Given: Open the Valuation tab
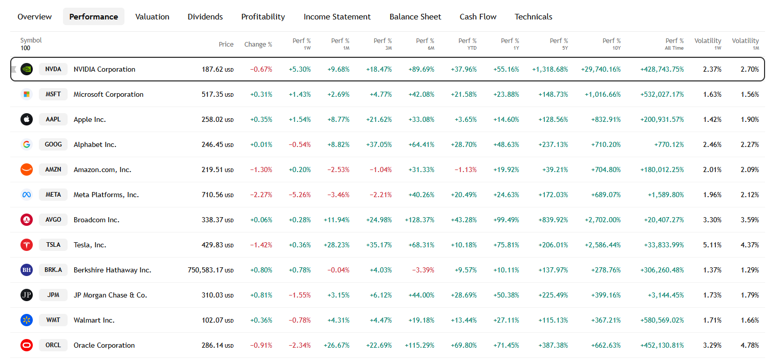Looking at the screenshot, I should tap(152, 17).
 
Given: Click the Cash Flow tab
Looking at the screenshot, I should tap(478, 17).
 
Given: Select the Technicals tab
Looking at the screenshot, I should tap(533, 17).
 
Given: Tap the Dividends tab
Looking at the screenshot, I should tap(205, 17).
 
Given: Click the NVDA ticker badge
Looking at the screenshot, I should tap(53, 69).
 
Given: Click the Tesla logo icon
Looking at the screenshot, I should tap(27, 245).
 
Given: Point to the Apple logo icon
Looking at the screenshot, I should tap(27, 119).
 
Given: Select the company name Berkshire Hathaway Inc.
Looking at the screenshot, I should tap(112, 270).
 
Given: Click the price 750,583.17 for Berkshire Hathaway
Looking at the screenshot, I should tap(205, 270).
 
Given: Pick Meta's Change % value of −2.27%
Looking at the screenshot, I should tap(261, 195).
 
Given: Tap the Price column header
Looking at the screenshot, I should tap(226, 45).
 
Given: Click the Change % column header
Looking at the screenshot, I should tap(258, 45).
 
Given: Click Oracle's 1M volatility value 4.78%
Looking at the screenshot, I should tap(749, 345).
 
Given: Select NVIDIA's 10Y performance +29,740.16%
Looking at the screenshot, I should tap(601, 69).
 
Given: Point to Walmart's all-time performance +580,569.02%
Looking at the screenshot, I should tap(662, 320).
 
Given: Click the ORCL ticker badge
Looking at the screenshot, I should tap(53, 345).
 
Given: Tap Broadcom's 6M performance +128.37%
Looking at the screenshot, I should tap(419, 220).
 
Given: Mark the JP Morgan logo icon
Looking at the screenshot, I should tap(27, 295).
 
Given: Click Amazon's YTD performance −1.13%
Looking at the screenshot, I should tap(465, 170).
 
